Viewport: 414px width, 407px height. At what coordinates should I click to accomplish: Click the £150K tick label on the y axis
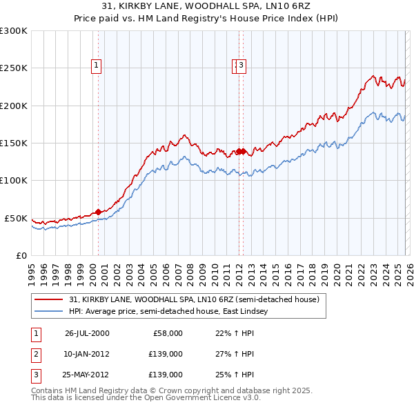(14, 143)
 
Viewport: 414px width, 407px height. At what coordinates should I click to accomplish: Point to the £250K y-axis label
(14, 68)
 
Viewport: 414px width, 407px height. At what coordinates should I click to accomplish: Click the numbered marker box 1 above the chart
(96, 66)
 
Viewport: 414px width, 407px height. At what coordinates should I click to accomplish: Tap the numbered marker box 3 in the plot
(243, 66)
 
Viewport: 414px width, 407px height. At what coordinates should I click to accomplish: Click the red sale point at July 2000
(99, 212)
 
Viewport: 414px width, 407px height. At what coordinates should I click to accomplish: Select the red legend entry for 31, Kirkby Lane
(194, 299)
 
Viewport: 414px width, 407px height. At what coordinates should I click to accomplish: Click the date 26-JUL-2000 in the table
(87, 333)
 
